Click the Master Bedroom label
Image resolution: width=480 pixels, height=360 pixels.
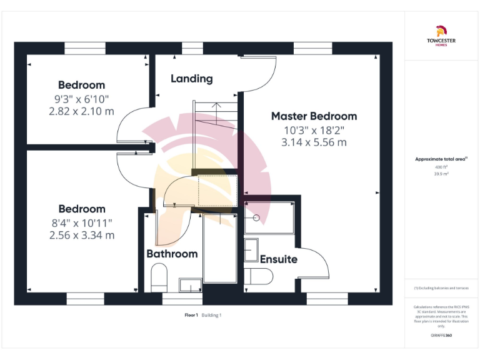[x=314, y=116]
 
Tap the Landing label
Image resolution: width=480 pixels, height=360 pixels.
[x=191, y=79]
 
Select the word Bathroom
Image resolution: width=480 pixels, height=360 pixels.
[x=172, y=254]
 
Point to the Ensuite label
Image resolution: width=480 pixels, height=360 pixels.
[x=278, y=259]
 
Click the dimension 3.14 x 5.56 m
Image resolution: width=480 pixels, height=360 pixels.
[x=314, y=142]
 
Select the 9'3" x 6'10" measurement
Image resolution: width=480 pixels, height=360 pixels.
[x=81, y=99]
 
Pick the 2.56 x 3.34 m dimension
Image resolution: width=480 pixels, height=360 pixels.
[x=81, y=236]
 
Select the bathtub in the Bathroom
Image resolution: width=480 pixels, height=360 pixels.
[x=220, y=249]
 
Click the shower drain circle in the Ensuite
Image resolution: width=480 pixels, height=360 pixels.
[x=257, y=219]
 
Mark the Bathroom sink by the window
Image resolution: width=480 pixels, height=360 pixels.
[x=190, y=285]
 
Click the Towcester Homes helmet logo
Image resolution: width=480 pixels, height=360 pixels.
[x=441, y=29]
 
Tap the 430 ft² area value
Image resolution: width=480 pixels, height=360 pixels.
[x=441, y=167]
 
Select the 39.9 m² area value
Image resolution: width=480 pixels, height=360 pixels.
[x=441, y=174]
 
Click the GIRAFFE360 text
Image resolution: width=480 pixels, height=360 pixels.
[x=441, y=336]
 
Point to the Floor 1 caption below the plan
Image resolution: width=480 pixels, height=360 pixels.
[x=191, y=315]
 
